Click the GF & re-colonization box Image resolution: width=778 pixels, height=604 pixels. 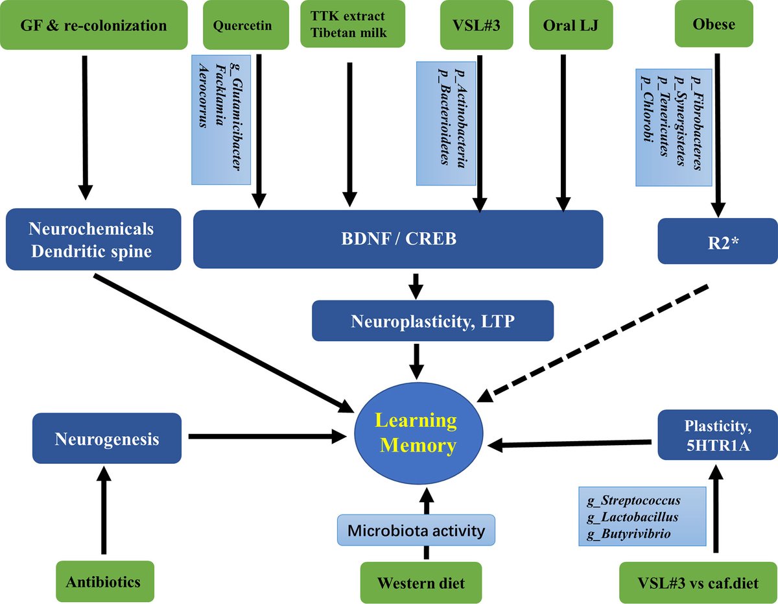(x=93, y=26)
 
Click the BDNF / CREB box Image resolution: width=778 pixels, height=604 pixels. (x=398, y=239)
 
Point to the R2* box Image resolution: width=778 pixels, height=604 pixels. (x=717, y=241)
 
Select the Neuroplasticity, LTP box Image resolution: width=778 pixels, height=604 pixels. (x=433, y=320)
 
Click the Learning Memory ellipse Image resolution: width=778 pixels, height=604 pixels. (x=418, y=433)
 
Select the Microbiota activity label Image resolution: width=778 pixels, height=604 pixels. (x=416, y=531)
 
